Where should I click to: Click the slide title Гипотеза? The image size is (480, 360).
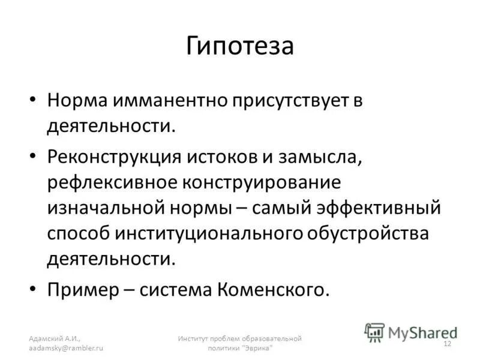(x=239, y=46)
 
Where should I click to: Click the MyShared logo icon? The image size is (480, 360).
(x=375, y=331)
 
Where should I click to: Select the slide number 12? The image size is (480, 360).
(x=446, y=343)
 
